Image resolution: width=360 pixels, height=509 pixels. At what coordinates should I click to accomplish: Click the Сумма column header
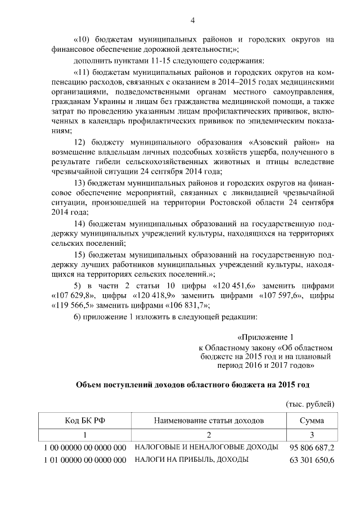click(311, 421)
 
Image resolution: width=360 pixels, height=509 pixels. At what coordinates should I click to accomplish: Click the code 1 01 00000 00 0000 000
click(84, 461)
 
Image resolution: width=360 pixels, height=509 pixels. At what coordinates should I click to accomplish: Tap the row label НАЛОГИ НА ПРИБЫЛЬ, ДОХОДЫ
click(191, 460)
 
